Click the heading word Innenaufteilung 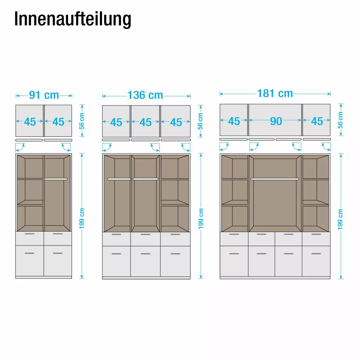click(73, 19)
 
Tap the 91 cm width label click(44, 95)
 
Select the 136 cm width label click(145, 96)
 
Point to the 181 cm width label click(275, 94)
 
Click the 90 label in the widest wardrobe click(276, 121)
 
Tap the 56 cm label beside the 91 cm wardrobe click(82, 121)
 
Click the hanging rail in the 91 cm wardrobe click(56, 179)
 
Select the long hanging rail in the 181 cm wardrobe click(275, 179)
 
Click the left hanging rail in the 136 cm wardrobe click(119, 179)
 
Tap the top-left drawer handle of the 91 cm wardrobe click(30, 234)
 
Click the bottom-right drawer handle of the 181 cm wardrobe click(316, 254)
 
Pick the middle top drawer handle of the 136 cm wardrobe click(146, 234)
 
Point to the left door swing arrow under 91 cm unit click(21, 147)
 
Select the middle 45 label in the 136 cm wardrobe click(146, 122)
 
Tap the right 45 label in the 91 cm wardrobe click(58, 122)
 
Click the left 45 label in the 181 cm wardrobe click(234, 121)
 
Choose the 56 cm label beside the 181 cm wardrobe click(340, 120)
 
